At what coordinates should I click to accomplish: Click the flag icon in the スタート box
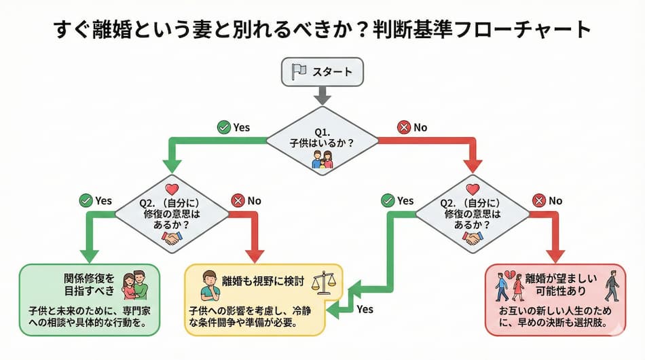[x=297, y=71]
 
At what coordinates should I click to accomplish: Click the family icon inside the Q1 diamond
[x=322, y=160]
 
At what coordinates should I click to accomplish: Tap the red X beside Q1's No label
[x=405, y=127]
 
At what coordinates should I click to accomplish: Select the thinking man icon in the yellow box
[x=208, y=286]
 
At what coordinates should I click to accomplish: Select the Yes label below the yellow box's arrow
[x=365, y=309]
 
